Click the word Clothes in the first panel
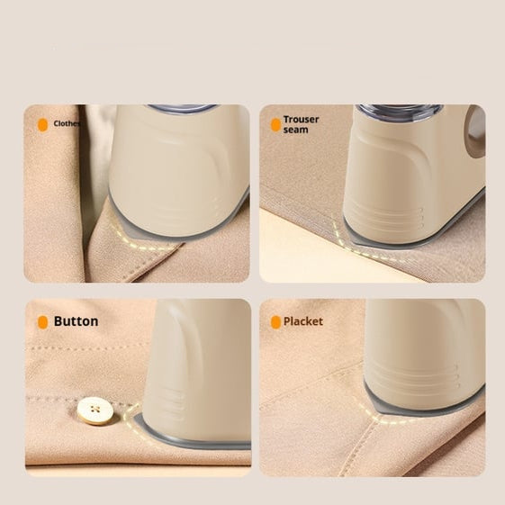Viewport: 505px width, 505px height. (x=67, y=124)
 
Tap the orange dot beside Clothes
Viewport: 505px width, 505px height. (x=42, y=125)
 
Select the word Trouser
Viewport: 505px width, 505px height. (x=301, y=119)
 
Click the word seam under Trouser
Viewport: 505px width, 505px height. (x=295, y=130)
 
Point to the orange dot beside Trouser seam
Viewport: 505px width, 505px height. (x=275, y=125)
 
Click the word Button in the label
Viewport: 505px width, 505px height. (x=76, y=321)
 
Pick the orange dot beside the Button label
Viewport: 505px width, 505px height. (x=42, y=322)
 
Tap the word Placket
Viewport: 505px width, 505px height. (x=302, y=321)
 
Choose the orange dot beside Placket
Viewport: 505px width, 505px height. (x=275, y=322)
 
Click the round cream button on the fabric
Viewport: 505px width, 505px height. (x=95, y=410)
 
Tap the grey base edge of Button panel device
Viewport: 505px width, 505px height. (x=194, y=444)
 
